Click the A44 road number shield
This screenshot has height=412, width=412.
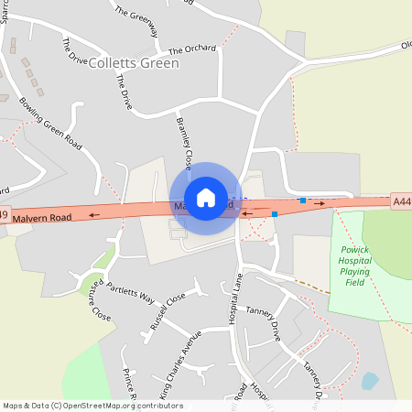(400, 201)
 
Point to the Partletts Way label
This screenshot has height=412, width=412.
(129, 295)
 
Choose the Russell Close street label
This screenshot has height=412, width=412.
(168, 310)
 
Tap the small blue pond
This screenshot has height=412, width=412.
(370, 381)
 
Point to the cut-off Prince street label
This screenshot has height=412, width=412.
(129, 385)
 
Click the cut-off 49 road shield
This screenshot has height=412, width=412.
(5, 216)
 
